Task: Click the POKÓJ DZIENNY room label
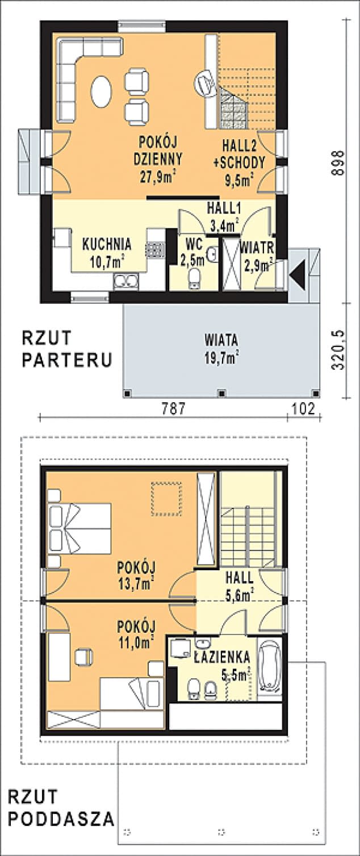[x=157, y=160]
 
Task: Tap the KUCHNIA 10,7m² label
[x=107, y=252]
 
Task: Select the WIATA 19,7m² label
[x=221, y=348]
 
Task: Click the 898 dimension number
[x=338, y=164]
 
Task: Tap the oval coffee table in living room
[x=102, y=91]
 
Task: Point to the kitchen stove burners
[x=154, y=250]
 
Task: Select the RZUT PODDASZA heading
[x=60, y=808]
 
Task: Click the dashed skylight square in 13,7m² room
[x=166, y=499]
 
